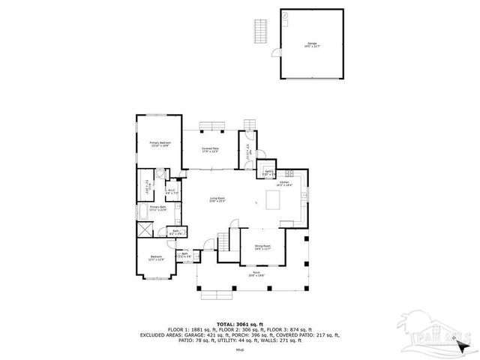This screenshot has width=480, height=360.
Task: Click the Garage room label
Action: (311, 44)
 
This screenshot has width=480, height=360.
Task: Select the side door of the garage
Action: (277, 55)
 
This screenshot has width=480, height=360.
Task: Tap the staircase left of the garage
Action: (261, 31)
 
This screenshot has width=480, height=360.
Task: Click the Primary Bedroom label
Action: (160, 143)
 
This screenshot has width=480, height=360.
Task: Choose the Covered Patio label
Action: (210, 149)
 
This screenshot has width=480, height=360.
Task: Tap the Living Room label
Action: (217, 199)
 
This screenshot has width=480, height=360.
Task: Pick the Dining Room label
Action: (262, 247)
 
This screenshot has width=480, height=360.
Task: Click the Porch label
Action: (256, 274)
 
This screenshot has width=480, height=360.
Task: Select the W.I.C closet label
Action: (171, 190)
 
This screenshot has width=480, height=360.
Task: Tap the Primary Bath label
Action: (157, 208)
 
